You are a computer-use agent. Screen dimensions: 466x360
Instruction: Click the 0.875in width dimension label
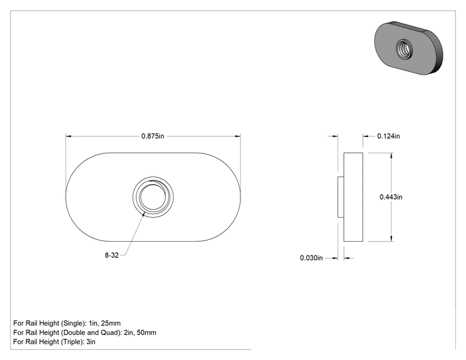tap(152, 136)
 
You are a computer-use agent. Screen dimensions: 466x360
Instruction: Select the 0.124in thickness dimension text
tap(388, 136)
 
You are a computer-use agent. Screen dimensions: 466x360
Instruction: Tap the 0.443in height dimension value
tap(391, 197)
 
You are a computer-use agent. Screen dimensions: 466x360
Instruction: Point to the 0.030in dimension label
tap(311, 258)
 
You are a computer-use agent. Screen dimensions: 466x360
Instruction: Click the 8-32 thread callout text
tap(111, 255)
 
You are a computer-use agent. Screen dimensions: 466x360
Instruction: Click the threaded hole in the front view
tap(153, 197)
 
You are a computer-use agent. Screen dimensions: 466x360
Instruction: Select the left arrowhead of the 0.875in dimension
tap(68, 136)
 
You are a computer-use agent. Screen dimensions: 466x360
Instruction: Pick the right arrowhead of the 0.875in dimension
tap(238, 136)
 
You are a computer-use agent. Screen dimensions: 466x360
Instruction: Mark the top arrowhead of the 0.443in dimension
tap(391, 156)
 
